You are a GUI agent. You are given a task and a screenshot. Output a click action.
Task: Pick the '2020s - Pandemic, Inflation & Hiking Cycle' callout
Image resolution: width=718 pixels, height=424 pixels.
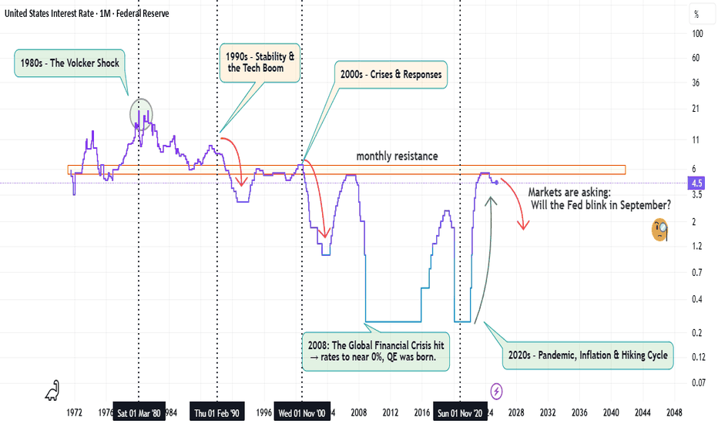pyautogui.click(x=587, y=356)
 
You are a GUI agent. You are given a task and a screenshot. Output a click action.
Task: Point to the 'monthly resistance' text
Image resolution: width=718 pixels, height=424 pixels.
pyautogui.click(x=397, y=156)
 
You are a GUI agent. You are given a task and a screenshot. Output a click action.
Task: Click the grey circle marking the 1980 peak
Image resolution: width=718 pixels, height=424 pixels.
pyautogui.click(x=141, y=114)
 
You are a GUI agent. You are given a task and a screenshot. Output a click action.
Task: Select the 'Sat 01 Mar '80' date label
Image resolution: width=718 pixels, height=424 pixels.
pyautogui.click(x=139, y=413)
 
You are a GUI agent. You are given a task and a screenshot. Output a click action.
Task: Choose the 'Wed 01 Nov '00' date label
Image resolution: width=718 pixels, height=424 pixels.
pyautogui.click(x=302, y=413)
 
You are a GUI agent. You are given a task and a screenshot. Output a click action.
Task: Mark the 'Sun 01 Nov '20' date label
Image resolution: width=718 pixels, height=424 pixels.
pyautogui.click(x=460, y=413)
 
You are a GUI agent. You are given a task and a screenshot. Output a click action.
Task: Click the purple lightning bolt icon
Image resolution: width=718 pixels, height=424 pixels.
pyautogui.click(x=497, y=391)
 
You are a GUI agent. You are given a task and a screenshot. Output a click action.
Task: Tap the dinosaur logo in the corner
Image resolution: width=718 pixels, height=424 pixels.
pyautogui.click(x=52, y=392)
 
